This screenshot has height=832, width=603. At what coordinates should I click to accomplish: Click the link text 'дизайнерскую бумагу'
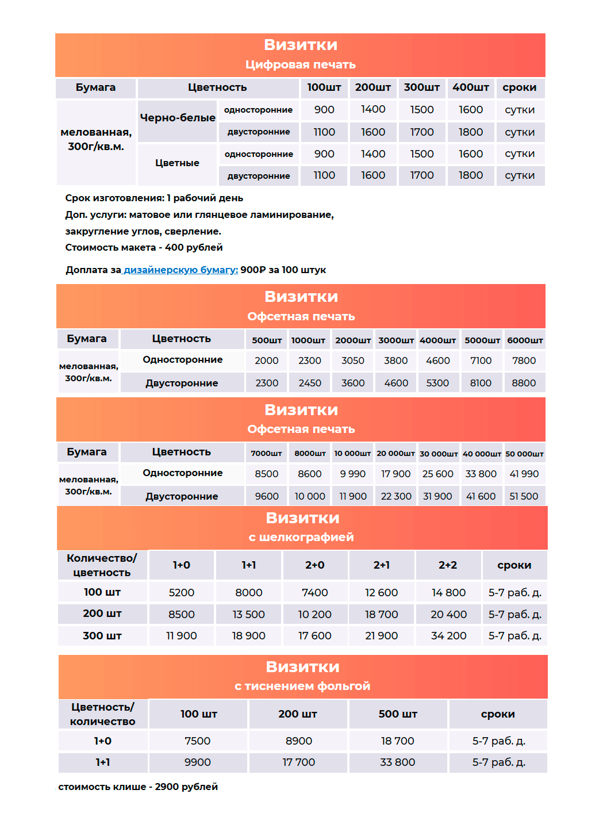tap(180, 270)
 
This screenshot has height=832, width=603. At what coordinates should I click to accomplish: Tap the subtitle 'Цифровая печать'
tap(301, 64)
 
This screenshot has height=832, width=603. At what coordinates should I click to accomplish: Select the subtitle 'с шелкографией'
tap(301, 537)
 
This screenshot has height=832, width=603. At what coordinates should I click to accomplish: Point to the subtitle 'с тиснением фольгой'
tap(302, 686)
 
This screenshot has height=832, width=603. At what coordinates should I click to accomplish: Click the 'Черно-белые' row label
tap(178, 118)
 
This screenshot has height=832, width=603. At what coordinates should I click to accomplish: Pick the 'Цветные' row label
tap(177, 163)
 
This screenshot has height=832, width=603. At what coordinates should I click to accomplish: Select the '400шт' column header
tap(470, 87)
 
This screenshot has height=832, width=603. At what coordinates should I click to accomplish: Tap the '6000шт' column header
tap(525, 340)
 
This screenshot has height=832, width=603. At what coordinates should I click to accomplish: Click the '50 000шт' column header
tap(524, 454)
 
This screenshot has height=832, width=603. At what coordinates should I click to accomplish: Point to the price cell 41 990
tap(524, 474)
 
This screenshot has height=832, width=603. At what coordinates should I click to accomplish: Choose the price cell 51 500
tap(524, 496)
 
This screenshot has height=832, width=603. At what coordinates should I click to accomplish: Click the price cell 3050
tap(353, 361)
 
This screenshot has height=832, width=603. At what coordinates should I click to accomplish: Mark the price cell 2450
tap(310, 383)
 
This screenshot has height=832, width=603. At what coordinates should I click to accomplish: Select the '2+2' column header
tap(448, 565)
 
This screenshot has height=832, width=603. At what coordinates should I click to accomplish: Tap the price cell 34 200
tap(448, 636)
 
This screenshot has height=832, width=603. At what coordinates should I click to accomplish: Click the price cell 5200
tap(182, 593)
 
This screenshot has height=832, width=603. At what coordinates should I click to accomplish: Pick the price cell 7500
tap(198, 741)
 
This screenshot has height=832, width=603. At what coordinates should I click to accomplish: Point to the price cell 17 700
tap(299, 762)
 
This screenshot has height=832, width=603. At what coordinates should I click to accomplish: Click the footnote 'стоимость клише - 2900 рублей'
tap(138, 787)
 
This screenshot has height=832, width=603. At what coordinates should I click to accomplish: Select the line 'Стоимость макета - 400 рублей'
tap(144, 247)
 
